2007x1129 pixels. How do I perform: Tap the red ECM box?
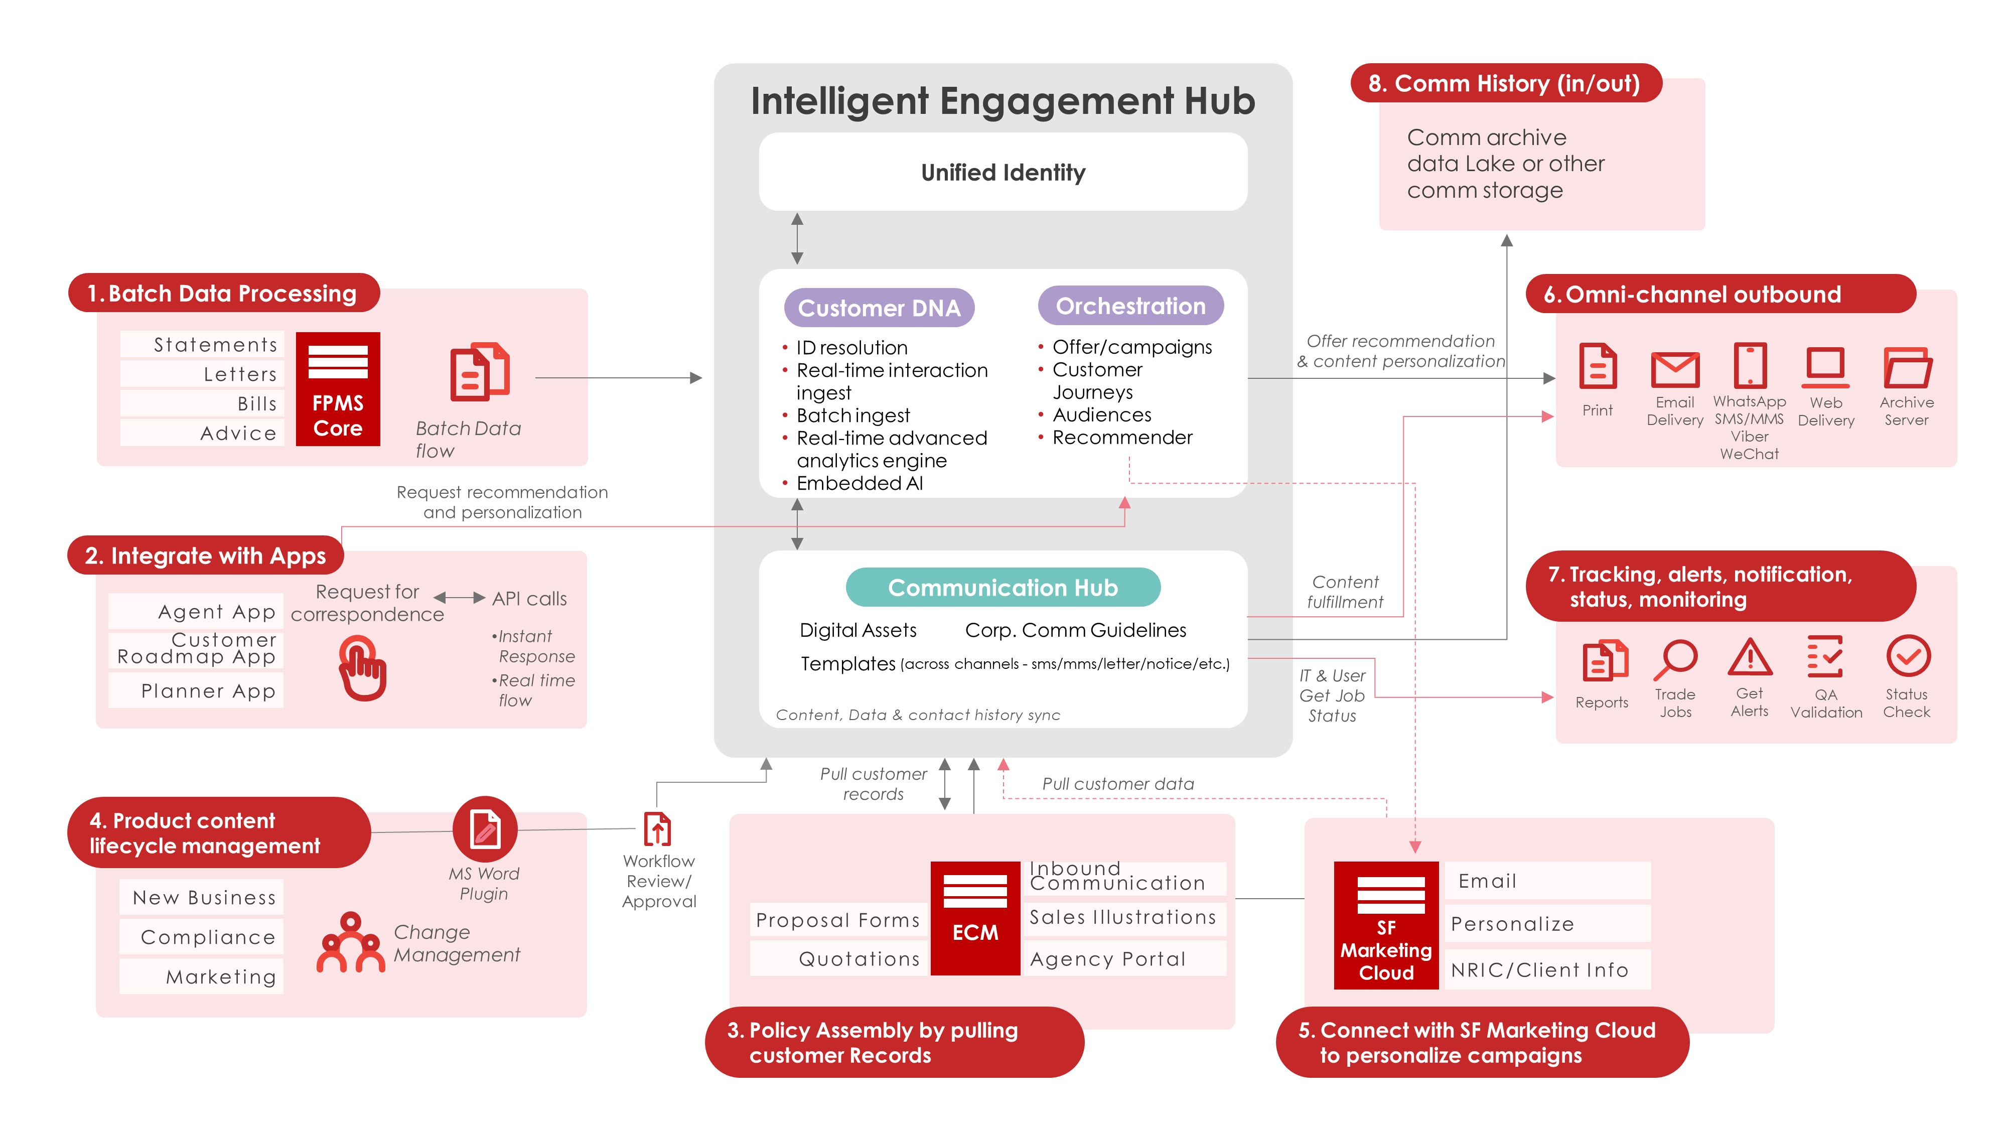pos(975,917)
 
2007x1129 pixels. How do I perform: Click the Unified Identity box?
pos(1002,172)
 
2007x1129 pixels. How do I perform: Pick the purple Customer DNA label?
pos(879,308)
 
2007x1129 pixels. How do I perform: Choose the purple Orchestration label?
pos(1130,306)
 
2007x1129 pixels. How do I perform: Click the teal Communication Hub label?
pos(1002,588)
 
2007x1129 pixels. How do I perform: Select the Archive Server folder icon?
pos(1907,368)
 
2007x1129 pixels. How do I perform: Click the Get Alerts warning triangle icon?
pos(1750,658)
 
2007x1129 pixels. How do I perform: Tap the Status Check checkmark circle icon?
pos(1907,657)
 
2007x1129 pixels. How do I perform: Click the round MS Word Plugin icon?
pos(485,828)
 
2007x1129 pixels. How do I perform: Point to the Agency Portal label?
pos(1108,959)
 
